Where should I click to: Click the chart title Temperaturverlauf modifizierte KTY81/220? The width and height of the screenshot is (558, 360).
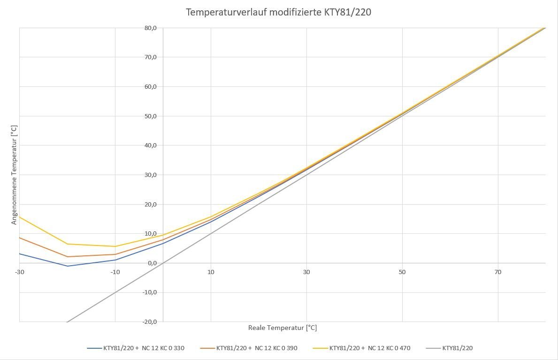[278, 12]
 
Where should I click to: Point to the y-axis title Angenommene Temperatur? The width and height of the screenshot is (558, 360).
[14, 174]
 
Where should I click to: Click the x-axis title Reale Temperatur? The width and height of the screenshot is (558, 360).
[283, 328]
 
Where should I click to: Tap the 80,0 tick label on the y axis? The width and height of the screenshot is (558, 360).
[151, 28]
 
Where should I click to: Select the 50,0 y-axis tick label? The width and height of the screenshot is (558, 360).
[151, 116]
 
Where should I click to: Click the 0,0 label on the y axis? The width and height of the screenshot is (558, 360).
[152, 263]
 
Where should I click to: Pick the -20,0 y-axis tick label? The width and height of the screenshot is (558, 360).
[150, 322]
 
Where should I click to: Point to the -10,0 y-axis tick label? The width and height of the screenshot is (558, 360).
[150, 292]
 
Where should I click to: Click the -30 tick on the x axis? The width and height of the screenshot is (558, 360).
[19, 272]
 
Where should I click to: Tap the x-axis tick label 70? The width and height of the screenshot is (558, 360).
[497, 272]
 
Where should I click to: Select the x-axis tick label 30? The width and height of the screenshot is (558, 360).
[306, 272]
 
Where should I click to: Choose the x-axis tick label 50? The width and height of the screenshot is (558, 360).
[402, 272]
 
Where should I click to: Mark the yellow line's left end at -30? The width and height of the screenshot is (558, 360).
[20, 217]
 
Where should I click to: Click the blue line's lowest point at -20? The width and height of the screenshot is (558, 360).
[67, 266]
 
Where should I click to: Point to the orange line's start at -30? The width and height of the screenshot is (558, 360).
[20, 237]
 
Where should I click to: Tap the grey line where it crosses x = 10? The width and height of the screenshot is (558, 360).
[211, 233]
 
